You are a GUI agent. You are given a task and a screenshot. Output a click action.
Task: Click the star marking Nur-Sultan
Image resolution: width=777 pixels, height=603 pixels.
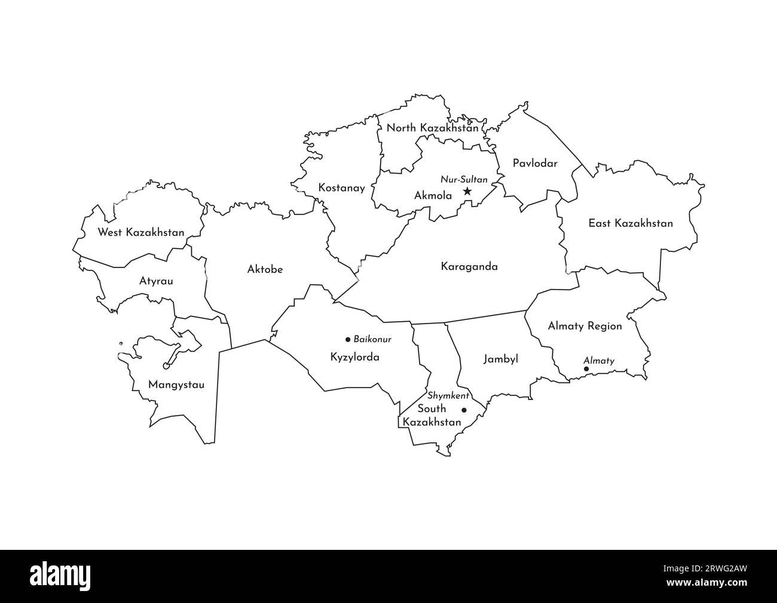(x=467, y=192)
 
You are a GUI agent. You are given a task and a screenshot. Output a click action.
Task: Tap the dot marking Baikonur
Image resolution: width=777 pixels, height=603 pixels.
(x=348, y=339)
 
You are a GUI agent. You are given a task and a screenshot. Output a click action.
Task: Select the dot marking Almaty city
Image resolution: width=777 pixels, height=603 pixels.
(x=586, y=369)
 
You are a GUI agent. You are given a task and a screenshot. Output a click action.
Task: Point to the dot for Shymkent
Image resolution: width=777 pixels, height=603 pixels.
(x=464, y=410)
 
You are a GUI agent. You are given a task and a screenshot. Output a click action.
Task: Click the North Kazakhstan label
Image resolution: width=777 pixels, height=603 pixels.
(x=432, y=128)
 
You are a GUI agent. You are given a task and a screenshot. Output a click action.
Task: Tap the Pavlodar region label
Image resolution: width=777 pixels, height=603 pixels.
(x=535, y=163)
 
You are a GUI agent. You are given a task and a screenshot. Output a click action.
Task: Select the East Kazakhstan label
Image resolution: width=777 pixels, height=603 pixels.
(x=631, y=223)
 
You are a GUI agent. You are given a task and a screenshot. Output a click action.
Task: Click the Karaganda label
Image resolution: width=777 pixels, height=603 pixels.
(x=469, y=267)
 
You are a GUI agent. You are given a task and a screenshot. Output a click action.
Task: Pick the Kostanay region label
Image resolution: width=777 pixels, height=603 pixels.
(x=341, y=187)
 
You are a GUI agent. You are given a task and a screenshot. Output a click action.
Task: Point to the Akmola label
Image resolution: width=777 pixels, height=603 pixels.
(x=433, y=195)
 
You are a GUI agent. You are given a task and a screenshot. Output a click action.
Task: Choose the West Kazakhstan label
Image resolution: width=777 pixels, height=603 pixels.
(x=141, y=232)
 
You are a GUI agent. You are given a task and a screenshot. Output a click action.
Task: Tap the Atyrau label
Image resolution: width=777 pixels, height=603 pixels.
(x=156, y=280)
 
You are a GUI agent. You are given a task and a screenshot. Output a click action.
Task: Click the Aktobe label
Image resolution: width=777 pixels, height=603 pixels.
(x=265, y=269)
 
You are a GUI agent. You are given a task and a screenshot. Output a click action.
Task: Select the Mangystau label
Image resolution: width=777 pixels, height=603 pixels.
(x=176, y=385)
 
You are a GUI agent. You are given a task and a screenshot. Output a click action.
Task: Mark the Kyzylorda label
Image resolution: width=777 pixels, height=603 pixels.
(x=354, y=357)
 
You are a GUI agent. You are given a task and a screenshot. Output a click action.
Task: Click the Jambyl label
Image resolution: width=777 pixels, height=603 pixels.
(x=500, y=359)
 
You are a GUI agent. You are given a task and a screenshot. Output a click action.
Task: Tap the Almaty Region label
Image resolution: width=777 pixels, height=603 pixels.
(x=585, y=326)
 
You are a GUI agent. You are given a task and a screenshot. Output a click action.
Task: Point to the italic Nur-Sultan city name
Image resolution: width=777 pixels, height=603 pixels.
(x=464, y=179)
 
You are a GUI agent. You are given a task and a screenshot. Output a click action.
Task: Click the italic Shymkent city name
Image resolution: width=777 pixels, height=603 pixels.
(x=448, y=396)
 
